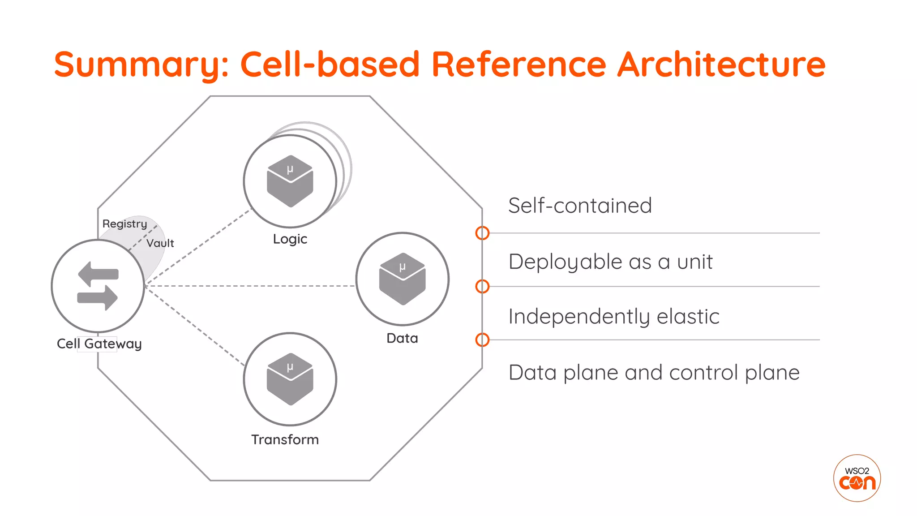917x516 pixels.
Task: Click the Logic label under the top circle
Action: pos(290,239)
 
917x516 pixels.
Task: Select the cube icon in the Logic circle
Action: pos(290,181)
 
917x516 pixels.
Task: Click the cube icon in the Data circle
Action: pos(402,279)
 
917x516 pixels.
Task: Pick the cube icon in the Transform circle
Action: pos(290,379)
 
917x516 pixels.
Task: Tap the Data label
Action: pos(402,338)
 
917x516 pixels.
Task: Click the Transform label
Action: pos(285,439)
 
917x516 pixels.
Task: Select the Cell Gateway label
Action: pos(99,344)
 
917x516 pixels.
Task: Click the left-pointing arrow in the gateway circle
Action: pos(98,273)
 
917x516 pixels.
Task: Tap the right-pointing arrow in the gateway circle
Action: pos(98,297)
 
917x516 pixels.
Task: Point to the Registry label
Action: pos(124,224)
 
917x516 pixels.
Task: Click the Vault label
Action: pos(160,243)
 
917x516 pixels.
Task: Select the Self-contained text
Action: pos(580,206)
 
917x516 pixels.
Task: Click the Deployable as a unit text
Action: pos(610,262)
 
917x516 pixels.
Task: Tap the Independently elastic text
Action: pos(613,317)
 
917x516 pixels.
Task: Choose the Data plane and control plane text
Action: pos(654,373)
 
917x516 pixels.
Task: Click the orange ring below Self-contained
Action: pos(482,233)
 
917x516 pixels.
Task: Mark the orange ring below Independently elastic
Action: pos(482,340)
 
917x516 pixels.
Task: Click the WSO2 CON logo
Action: pos(857,478)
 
